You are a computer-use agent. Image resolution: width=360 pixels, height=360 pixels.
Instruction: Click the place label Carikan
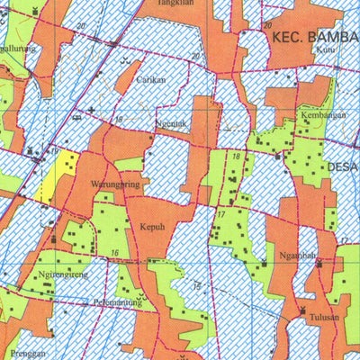[x=150, y=79]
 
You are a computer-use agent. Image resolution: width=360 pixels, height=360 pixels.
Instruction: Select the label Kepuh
[x=151, y=228]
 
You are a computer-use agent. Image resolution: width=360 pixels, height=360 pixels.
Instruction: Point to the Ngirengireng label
[x=63, y=275]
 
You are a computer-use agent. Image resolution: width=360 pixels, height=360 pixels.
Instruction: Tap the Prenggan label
[x=30, y=354]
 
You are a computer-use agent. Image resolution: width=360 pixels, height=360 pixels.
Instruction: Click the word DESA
[x=340, y=166]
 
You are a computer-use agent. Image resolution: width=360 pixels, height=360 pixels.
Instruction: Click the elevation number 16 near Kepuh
[x=115, y=253]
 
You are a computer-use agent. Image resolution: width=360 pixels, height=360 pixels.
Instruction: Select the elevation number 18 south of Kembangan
[x=236, y=157]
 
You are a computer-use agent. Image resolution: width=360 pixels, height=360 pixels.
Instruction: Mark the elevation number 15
[x=196, y=286]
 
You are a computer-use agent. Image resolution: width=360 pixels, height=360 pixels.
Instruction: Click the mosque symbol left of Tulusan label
[x=303, y=312]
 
